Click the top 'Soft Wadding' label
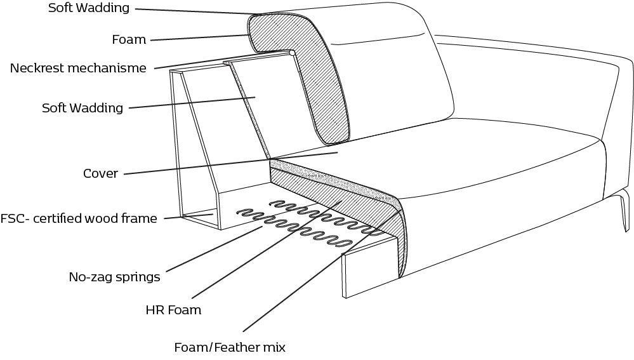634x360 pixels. point(88,8)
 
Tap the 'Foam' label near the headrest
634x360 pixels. point(129,39)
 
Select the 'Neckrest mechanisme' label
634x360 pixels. point(78,68)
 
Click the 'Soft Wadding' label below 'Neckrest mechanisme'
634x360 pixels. point(82,108)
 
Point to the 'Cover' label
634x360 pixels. point(100,173)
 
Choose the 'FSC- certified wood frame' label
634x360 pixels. point(79,219)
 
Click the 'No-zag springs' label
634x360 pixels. point(114,277)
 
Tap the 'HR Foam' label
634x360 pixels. point(173,310)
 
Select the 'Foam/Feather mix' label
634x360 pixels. point(230,347)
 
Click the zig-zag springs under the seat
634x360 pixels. point(305,222)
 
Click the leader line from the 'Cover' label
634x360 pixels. point(228,163)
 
